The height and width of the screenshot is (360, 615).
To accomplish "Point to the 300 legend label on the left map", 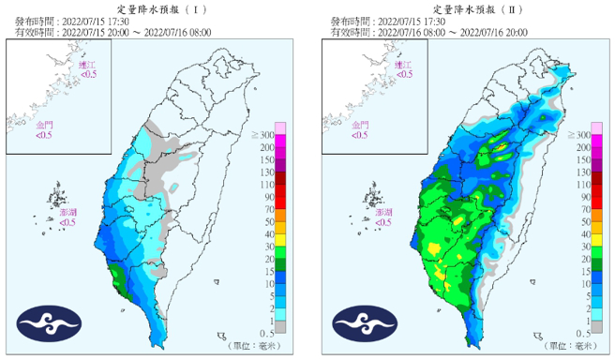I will (267, 137).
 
